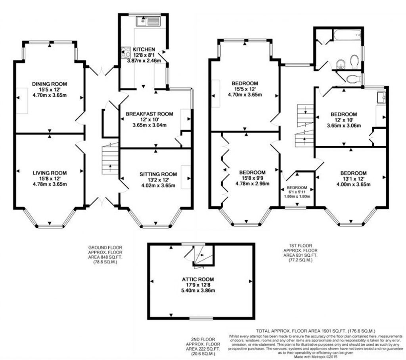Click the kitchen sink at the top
148,21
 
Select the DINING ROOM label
50,84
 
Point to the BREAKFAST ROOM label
149,114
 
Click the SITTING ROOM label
158,174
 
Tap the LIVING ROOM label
50,173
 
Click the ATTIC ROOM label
198,279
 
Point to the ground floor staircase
110,159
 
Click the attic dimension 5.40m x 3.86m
198,290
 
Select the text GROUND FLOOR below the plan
105,248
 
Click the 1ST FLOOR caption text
301,246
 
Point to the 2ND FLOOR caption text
203,339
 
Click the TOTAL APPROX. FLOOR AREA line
316,331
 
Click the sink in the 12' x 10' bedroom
381,97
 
